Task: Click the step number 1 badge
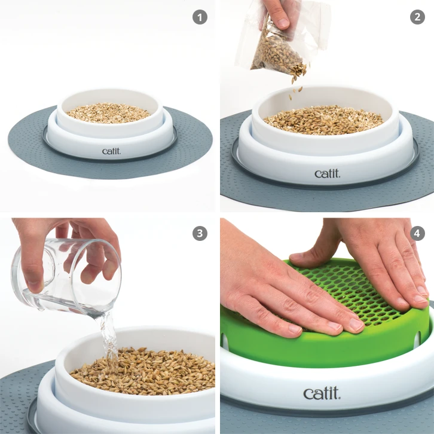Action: (x=200, y=17)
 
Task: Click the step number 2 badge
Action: (x=417, y=17)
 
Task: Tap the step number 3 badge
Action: (x=200, y=233)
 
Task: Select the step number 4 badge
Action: (x=417, y=233)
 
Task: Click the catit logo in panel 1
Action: (x=111, y=151)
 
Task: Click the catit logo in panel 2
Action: (x=327, y=173)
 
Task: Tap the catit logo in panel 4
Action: (x=322, y=393)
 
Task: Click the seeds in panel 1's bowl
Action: (x=108, y=112)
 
